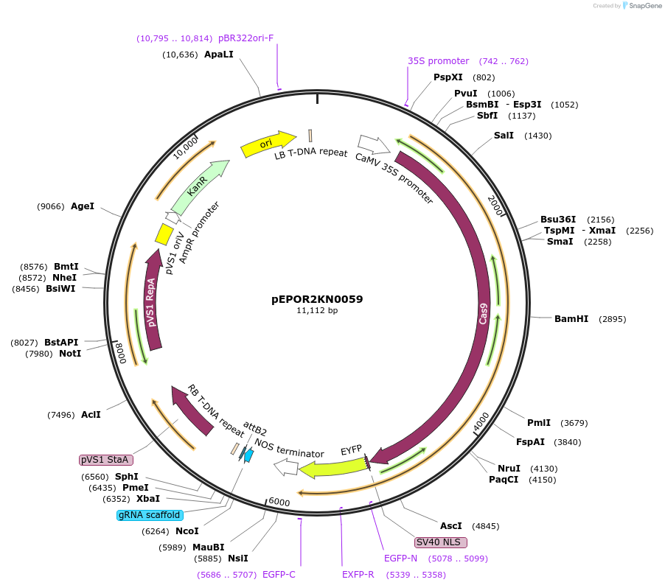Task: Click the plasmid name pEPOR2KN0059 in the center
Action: pos(317,299)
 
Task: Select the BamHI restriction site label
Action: pos(571,319)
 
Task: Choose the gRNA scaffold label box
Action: pos(149,515)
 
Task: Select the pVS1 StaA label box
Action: pos(105,460)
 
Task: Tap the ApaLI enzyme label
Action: pos(219,54)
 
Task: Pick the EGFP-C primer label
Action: pos(279,574)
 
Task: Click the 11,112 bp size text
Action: pos(317,311)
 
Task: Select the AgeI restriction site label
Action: pos(83,206)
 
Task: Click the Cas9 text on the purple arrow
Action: pos(484,313)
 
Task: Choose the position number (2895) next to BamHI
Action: pos(612,319)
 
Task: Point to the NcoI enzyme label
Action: pos(187,531)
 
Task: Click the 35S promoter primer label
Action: pos(438,61)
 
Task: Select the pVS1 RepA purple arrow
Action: pos(153,302)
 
